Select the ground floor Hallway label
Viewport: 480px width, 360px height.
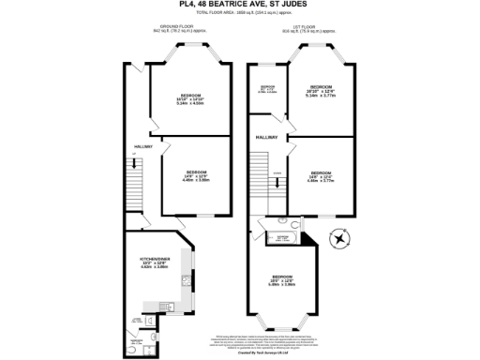[142, 147]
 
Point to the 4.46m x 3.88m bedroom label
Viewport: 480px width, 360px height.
[196, 176]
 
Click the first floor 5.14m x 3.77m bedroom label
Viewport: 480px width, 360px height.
[320, 92]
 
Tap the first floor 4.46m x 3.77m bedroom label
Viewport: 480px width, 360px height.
[322, 175]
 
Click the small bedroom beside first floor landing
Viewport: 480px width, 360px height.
[267, 90]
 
